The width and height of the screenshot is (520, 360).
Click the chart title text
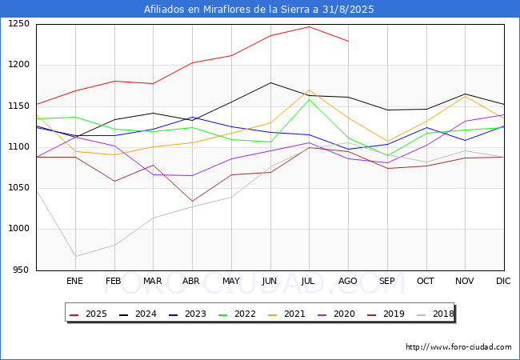(259, 10)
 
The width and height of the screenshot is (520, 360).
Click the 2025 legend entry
(90, 314)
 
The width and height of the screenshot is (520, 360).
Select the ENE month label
(74, 281)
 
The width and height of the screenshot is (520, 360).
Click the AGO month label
(348, 281)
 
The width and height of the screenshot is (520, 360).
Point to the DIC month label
(503, 281)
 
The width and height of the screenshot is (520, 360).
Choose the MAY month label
(230, 281)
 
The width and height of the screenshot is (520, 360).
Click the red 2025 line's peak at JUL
(309, 26)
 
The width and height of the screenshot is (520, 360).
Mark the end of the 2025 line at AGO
(348, 41)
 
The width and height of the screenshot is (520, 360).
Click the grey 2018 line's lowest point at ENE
(74, 257)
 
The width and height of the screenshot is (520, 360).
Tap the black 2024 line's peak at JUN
(270, 82)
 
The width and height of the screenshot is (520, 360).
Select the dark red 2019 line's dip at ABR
(192, 202)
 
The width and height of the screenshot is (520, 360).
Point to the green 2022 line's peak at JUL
(309, 99)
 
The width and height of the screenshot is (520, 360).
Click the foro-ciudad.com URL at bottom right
(458, 347)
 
